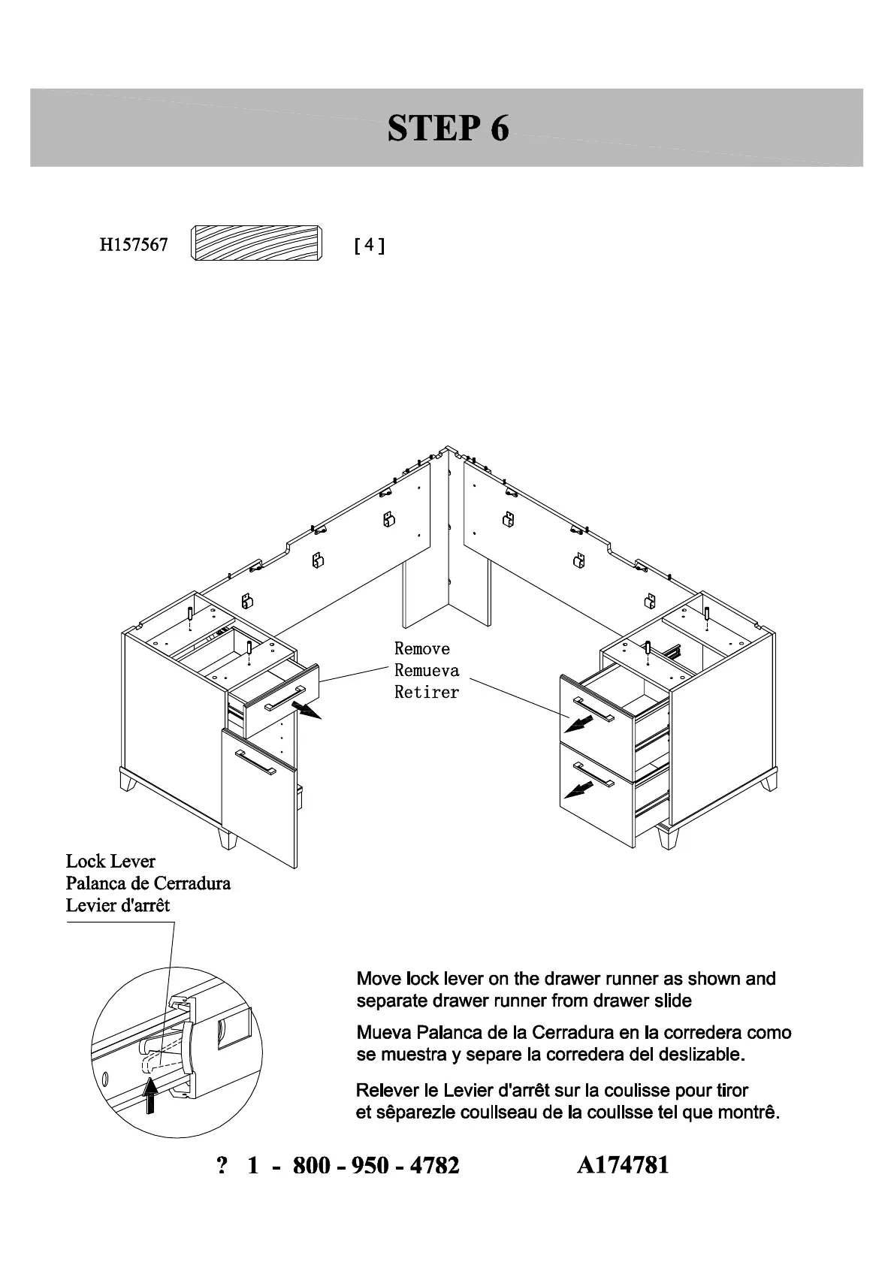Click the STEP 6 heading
click(448, 128)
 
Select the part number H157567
click(134, 245)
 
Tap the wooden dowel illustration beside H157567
click(256, 243)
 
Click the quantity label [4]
click(369, 246)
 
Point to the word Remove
click(422, 648)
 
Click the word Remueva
click(427, 670)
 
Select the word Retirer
click(426, 692)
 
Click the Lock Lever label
click(110, 862)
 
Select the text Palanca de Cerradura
click(148, 883)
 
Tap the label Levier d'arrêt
click(118, 905)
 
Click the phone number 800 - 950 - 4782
click(375, 1165)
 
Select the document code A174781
click(623, 1165)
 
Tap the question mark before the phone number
click(222, 1165)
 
